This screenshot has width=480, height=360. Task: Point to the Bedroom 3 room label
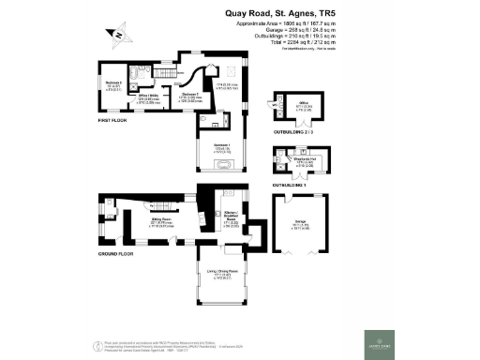pyautogui.click(x=190, y=95)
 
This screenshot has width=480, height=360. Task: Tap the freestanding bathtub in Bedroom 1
pyautogui.click(x=225, y=165)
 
